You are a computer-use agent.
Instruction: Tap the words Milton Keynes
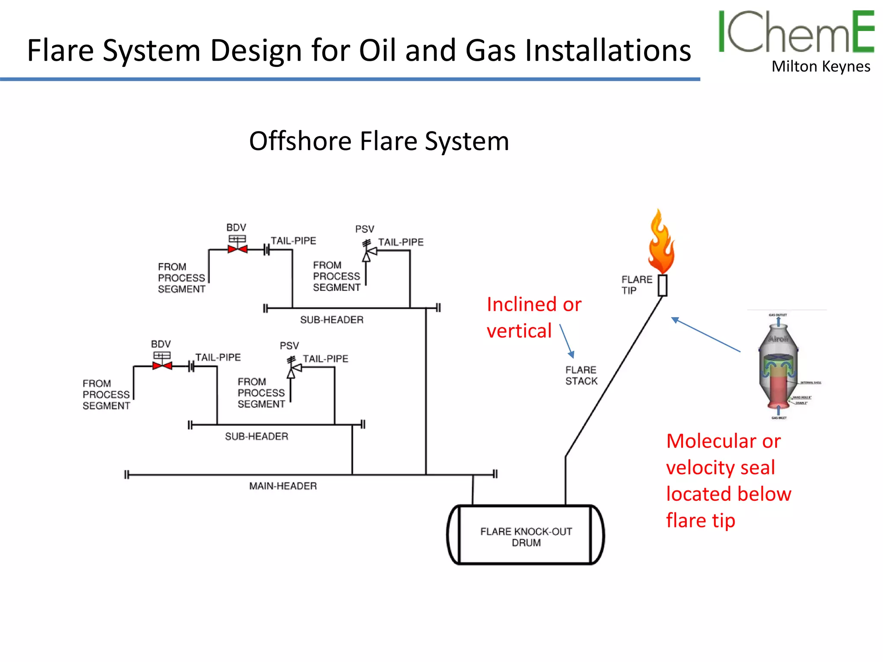pos(820,67)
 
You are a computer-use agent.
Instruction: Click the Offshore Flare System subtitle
pos(379,141)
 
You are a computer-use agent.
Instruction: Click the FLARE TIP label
pos(636,285)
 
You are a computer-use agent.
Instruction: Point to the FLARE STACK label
pos(581,375)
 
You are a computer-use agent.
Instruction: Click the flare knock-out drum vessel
pos(526,535)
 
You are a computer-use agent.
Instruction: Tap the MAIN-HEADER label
pos(283,486)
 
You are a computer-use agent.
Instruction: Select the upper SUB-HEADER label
pos(332,320)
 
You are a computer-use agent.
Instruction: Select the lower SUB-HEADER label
pos(257,436)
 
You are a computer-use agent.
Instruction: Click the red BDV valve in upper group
pos(237,249)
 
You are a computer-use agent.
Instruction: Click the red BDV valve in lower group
pos(162,366)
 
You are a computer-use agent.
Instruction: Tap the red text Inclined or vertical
pos(533,318)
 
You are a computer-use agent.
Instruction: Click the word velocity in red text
pos(720,468)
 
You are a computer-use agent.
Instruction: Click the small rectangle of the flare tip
pos(662,285)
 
